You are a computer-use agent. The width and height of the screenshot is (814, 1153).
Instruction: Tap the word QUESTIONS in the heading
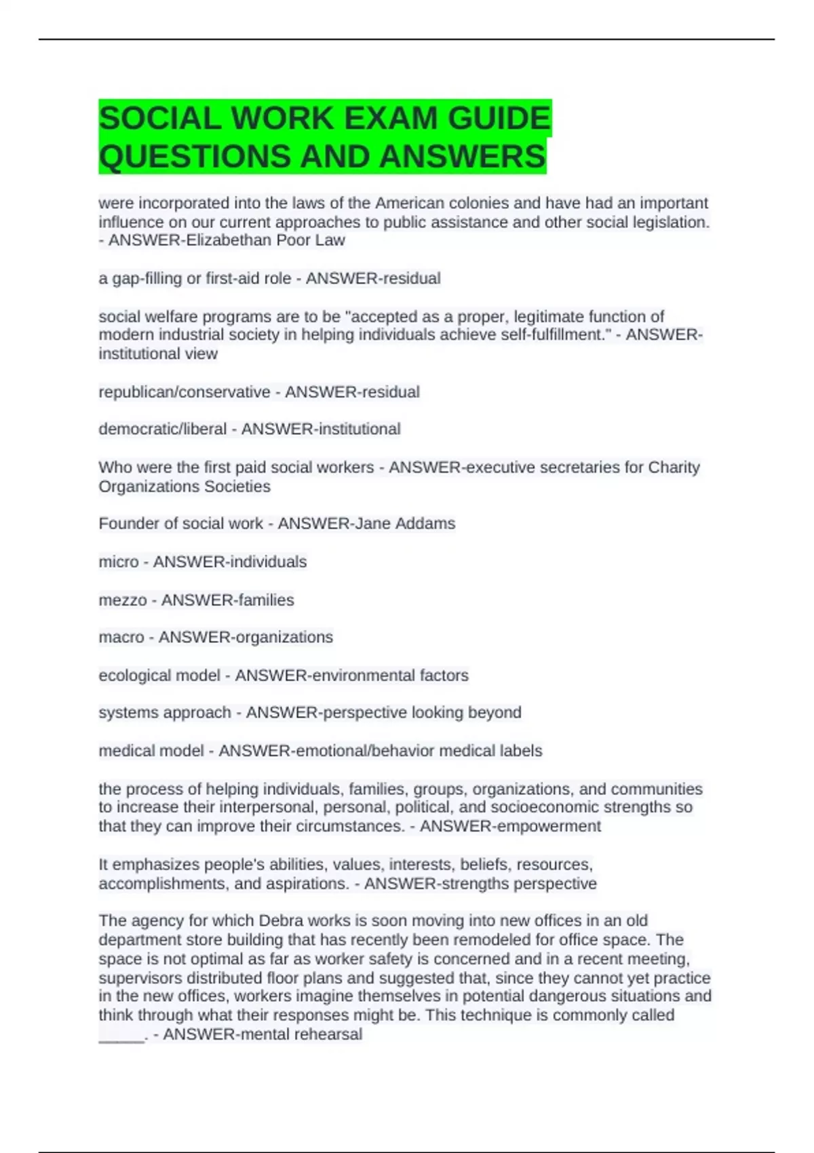[195, 157]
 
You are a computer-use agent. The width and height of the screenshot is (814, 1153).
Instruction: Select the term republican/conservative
[185, 392]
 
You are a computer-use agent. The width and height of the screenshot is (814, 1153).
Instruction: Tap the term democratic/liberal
[163, 429]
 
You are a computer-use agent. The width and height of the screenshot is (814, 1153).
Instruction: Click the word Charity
[674, 467]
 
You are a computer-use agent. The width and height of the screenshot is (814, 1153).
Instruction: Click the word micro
[119, 562]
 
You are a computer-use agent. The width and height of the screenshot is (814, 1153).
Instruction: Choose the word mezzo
[123, 600]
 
